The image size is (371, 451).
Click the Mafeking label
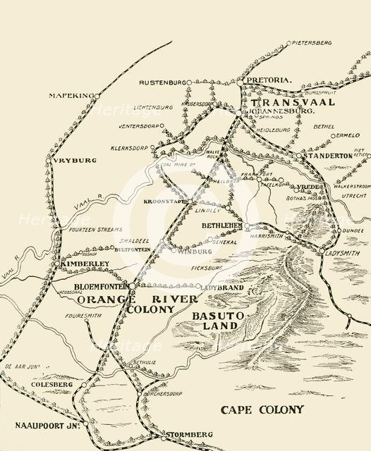click(x=71, y=95)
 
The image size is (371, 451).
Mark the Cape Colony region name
click(x=262, y=409)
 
